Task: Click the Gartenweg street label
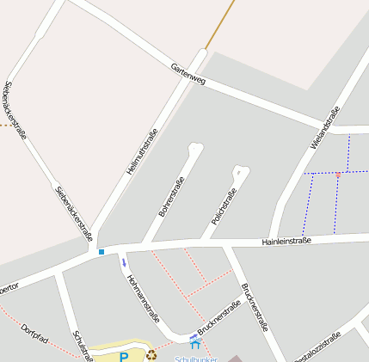188,74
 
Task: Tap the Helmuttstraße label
142,151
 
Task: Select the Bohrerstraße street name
171,197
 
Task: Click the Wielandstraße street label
325,126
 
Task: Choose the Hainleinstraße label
286,242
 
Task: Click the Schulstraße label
83,346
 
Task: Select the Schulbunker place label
196,358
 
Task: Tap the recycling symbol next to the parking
151,353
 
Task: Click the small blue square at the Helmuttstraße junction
101,251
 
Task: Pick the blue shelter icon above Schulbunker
194,343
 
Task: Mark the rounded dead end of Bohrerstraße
195,149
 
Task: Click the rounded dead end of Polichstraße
243,170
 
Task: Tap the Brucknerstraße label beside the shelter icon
219,320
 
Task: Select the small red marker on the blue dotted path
338,175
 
